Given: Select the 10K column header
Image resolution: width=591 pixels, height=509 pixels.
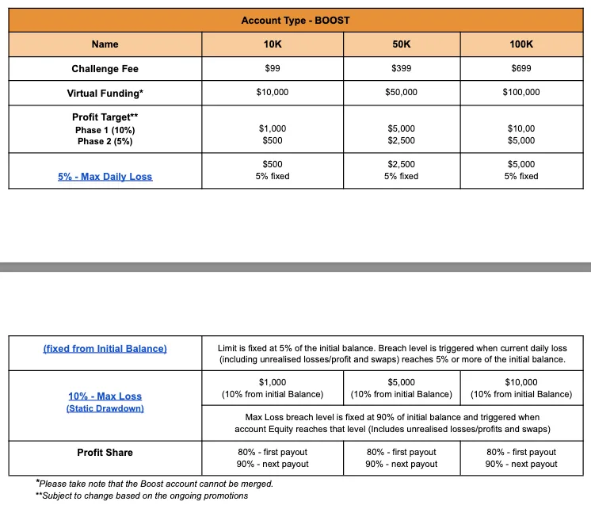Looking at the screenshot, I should point(272,44).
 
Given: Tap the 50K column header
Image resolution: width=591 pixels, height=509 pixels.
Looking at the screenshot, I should point(401,44).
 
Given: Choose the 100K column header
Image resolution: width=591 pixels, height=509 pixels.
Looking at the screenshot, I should point(520,44).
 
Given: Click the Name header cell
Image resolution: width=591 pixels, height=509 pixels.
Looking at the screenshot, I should point(105,44).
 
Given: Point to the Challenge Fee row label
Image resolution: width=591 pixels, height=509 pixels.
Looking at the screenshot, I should point(105,69).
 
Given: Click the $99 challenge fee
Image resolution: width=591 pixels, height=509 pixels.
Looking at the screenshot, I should point(272,69).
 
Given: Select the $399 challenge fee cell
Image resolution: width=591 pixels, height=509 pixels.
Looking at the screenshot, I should point(401,69).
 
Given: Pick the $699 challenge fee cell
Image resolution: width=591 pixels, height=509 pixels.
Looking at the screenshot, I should point(520,69).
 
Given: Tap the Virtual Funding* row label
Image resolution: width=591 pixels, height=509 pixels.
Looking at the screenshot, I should point(105,93).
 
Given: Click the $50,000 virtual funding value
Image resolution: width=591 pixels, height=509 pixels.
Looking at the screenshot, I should point(401,93).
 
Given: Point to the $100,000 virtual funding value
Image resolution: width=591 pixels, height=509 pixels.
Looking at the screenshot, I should point(520,93).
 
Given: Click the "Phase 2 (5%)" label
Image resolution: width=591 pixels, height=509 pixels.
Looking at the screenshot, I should point(105,141).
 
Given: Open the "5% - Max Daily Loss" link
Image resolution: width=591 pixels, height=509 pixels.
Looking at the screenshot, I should point(105,176).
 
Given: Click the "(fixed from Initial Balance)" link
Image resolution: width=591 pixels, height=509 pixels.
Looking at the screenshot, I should point(105,349).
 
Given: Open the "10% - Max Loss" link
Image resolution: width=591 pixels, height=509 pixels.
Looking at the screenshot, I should point(105,396).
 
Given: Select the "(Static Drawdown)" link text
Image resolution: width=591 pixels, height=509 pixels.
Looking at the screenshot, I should point(105,408).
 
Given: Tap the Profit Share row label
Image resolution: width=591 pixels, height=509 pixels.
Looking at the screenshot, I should point(105,452).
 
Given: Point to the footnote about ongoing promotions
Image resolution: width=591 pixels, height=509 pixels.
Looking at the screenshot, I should point(142,496).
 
